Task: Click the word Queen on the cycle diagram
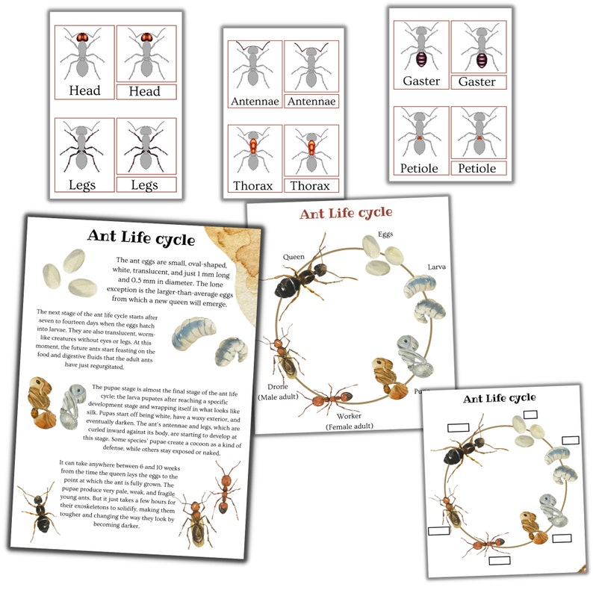coord(294,257)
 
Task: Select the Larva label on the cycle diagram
coord(436,267)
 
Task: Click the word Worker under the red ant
coord(349,415)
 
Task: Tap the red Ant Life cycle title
coord(346,214)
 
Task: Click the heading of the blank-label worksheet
coord(499,398)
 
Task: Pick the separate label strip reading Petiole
coord(477,169)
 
